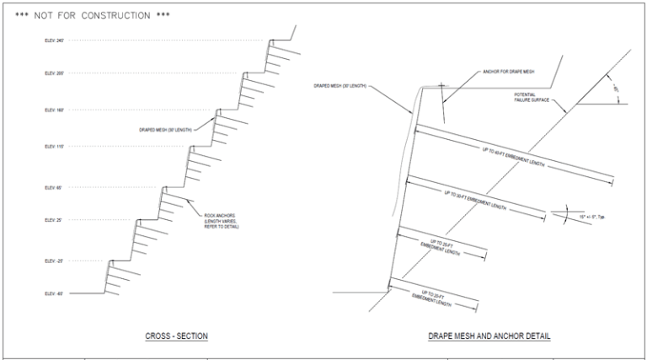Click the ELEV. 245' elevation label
pos(54,40)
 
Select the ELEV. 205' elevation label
pos(54,74)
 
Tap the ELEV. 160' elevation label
pos(54,110)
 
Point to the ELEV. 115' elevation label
pos(54,147)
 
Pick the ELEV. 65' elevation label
pos(54,187)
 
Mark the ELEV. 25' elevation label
pos(54,220)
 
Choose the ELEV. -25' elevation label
pos(54,261)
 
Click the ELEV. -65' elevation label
pos(54,294)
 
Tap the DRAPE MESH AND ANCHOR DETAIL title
pos(489,336)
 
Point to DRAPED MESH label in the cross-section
pos(166,130)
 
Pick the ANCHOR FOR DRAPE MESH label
pos(509,73)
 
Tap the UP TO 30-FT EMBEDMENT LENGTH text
pos(475,201)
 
